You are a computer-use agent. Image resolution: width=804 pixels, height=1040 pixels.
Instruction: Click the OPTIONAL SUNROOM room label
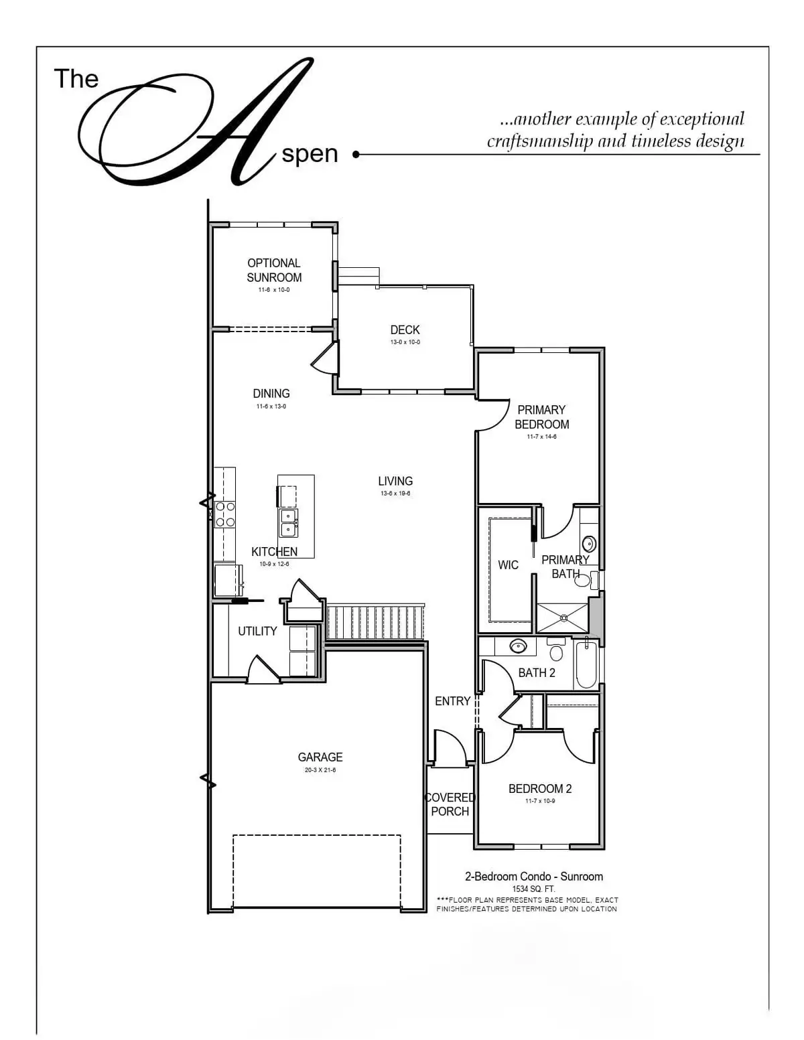tap(274, 271)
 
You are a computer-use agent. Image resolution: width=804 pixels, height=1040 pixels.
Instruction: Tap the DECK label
tap(405, 330)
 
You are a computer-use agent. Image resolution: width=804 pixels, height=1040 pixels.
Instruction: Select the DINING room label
tap(271, 394)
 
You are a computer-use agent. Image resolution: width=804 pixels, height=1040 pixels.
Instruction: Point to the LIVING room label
tap(395, 481)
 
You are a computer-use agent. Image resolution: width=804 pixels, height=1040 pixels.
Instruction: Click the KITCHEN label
tap(274, 552)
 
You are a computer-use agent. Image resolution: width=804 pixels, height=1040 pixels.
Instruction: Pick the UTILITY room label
tap(257, 632)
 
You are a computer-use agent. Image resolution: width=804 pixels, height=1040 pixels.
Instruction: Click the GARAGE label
tap(320, 757)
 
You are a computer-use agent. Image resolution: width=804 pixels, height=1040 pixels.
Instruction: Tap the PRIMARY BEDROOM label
tap(541, 417)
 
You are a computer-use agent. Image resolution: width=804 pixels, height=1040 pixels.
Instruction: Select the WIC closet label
tap(508, 565)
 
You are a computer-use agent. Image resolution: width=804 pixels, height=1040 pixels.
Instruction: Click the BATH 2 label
tap(537, 673)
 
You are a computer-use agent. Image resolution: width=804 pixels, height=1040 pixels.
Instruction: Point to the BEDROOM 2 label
tap(540, 789)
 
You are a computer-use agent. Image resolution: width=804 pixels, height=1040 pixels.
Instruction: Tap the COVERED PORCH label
tap(450, 804)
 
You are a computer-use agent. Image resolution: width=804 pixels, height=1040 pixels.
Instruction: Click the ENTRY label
tap(452, 701)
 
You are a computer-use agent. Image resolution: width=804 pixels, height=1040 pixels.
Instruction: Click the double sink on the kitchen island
tap(289, 522)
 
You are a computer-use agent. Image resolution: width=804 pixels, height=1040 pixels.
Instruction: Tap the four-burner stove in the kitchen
tap(224, 514)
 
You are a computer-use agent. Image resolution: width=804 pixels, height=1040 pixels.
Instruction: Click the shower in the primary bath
tap(561, 618)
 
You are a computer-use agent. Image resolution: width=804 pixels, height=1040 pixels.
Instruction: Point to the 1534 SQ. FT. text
tap(534, 889)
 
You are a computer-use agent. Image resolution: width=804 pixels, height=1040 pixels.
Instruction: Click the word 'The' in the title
tap(76, 79)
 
